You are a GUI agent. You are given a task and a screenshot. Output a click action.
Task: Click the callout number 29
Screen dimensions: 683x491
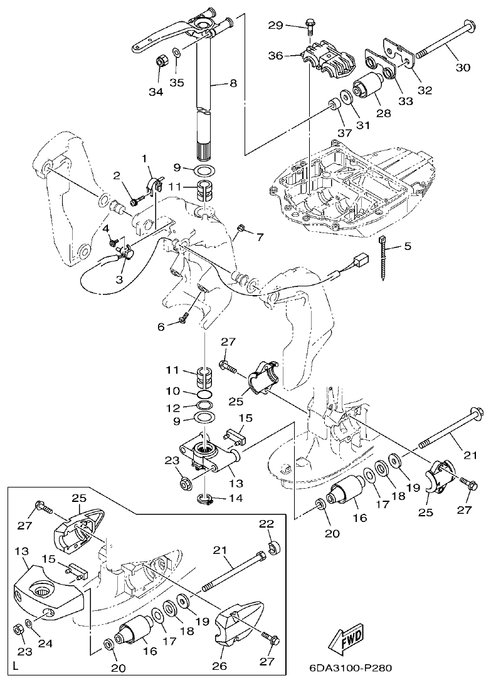coord(277,25)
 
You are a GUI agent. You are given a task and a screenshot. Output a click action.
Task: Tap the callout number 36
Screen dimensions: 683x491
coord(277,55)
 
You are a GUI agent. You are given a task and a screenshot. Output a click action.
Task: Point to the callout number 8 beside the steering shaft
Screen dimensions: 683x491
coord(234,81)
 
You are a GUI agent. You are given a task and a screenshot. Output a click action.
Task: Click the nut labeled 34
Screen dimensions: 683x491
coord(160,63)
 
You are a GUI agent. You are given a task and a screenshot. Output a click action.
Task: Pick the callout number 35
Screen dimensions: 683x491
coord(177,81)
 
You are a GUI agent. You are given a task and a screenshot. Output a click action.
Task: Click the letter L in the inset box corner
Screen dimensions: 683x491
coord(15,669)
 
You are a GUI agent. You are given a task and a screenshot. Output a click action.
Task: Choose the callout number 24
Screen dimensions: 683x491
coord(45,642)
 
